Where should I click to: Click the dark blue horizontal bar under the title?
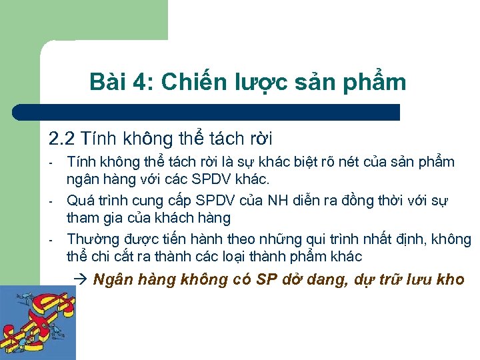(x=207, y=112)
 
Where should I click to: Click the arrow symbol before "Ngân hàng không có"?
(x=84, y=280)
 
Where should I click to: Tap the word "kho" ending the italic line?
(x=451, y=280)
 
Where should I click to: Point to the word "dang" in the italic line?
(x=319, y=280)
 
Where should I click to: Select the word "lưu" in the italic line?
(x=418, y=280)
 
